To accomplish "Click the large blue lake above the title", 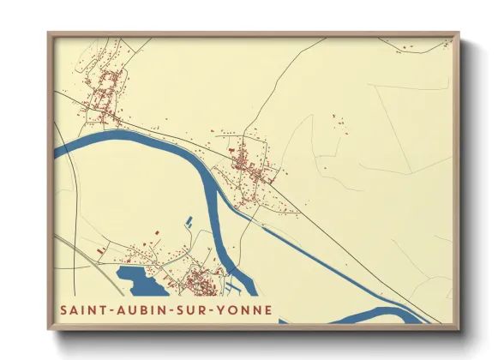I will tap(137, 279).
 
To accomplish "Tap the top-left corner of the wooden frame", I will tap(49, 34).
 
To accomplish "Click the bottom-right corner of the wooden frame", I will tap(458, 327).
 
